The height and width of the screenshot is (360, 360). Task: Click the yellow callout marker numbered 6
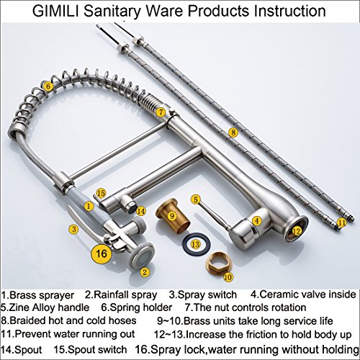coord(48,86)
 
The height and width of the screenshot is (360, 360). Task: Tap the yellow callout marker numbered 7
coord(161,112)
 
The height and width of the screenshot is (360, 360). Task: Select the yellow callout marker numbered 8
coord(233,132)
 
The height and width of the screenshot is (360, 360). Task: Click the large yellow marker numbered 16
coord(101,253)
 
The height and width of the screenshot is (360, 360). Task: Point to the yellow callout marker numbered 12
coord(297,231)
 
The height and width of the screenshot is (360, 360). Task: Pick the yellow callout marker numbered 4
coord(257,220)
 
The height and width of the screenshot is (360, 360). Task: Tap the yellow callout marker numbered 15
coord(101,193)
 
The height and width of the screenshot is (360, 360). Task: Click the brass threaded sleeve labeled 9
coord(173,216)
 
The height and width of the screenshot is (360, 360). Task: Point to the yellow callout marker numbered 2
coord(145,272)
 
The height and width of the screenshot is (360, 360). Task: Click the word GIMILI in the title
coord(56,11)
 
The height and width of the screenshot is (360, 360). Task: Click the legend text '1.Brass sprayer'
coord(37,295)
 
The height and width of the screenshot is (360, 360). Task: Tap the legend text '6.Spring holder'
coord(137,307)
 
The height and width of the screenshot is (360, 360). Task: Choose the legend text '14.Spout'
coord(22,349)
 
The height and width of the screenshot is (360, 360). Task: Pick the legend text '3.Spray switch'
coord(203,294)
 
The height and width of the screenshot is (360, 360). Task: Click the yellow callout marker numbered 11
coord(341,222)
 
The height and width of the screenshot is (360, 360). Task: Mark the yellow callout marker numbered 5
coord(196,199)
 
